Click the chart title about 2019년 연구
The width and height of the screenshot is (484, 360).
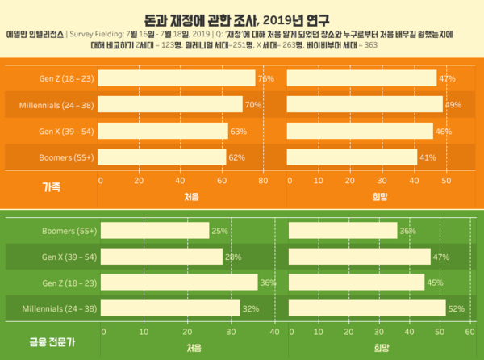click(x=241, y=18)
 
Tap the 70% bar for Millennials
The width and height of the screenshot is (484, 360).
click(x=171, y=105)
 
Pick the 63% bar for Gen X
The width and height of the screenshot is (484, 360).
click(x=164, y=131)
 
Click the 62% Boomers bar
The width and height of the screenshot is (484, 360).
click(x=163, y=157)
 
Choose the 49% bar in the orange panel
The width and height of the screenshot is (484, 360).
click(x=365, y=105)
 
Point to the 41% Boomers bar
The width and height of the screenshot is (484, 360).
click(x=352, y=157)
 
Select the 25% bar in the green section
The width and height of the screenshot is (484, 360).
click(x=154, y=231)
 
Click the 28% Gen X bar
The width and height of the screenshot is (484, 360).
click(x=161, y=257)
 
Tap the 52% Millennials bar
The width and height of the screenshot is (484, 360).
click(x=366, y=308)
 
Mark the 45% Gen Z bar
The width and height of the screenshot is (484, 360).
click(x=356, y=283)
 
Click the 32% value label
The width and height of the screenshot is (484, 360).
click(x=252, y=308)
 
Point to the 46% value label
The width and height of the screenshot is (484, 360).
click(x=444, y=131)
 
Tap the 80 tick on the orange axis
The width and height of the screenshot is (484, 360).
click(x=263, y=181)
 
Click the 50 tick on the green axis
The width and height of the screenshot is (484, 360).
click(x=440, y=332)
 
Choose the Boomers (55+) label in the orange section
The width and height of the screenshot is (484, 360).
click(x=68, y=157)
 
